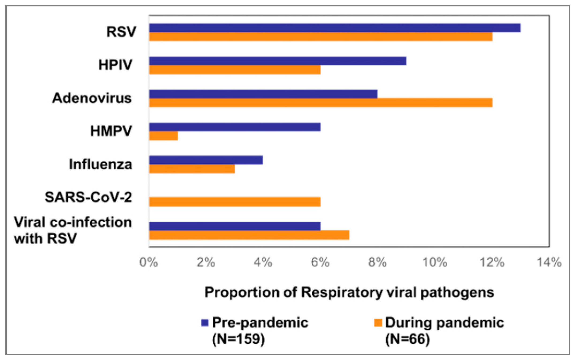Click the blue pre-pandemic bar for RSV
(x=334, y=28)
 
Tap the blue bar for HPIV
(x=277, y=61)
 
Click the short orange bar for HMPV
(x=163, y=136)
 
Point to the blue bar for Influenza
(x=206, y=160)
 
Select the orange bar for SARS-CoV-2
(x=235, y=202)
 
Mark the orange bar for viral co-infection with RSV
(x=249, y=235)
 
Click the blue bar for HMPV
(x=235, y=127)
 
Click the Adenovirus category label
(x=92, y=98)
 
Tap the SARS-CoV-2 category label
(x=88, y=197)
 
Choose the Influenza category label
(x=101, y=164)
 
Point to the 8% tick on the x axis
(x=377, y=262)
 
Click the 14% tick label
(x=549, y=262)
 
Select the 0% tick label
(x=149, y=262)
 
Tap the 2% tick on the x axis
(x=206, y=262)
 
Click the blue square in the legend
(x=205, y=323)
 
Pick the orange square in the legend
(x=378, y=323)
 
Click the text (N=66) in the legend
(x=407, y=339)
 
